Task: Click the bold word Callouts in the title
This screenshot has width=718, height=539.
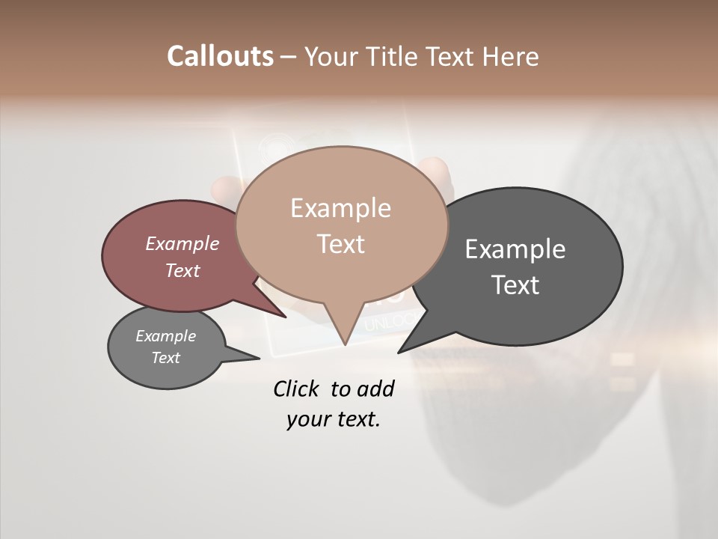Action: tap(220, 56)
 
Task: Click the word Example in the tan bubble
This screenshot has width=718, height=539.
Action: tap(340, 208)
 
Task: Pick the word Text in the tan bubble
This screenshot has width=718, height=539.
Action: tap(340, 243)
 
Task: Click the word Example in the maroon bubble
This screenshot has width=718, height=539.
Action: tap(182, 243)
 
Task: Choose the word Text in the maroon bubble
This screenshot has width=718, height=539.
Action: tap(182, 270)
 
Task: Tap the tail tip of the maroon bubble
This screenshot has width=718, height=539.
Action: tap(286, 317)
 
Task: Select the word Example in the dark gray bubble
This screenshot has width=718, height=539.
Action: tap(515, 249)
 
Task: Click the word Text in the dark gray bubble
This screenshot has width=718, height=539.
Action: tap(515, 284)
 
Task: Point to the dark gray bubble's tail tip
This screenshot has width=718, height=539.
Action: tap(399, 352)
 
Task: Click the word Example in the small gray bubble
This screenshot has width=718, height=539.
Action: tap(165, 336)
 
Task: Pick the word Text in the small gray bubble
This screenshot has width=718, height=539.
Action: tap(165, 358)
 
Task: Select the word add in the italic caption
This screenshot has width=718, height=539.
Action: tap(375, 389)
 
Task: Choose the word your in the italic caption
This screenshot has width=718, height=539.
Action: tap(308, 419)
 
